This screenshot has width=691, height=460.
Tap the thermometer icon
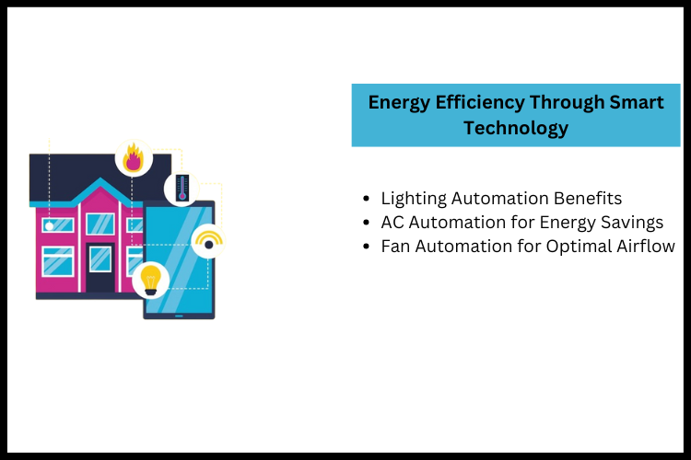pyautogui.click(x=182, y=188)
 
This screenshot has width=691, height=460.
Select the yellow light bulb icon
pyautogui.click(x=150, y=278)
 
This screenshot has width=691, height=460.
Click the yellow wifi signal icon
pyautogui.click(x=208, y=242)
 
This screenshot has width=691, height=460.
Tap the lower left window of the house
pyautogui.click(x=58, y=260)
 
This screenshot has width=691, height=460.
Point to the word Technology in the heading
pyautogui.click(x=516, y=128)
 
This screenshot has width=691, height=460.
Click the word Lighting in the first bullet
pyautogui.click(x=410, y=199)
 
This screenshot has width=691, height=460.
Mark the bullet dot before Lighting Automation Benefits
pyautogui.click(x=368, y=199)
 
